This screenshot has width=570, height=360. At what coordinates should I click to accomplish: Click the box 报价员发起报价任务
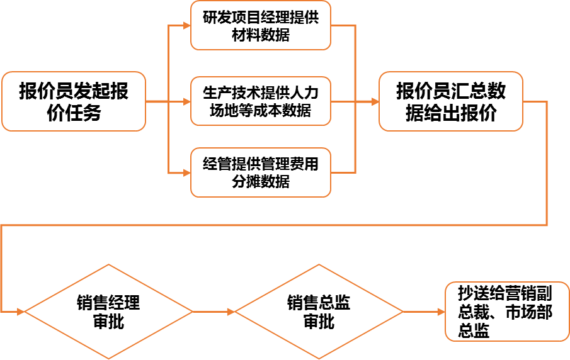point(73,101)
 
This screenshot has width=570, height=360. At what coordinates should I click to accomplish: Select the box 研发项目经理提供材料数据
point(261,26)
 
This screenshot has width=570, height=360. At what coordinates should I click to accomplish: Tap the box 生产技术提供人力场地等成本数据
point(261,101)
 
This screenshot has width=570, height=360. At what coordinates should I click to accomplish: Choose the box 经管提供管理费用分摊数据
point(261,172)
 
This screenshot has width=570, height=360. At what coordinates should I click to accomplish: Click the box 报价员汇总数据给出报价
point(450,101)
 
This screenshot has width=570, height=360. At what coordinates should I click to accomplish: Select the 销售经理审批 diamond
point(108,312)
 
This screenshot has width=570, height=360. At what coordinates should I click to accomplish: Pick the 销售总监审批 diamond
point(318,312)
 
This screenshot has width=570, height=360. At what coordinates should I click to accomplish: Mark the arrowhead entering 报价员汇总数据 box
point(374,101)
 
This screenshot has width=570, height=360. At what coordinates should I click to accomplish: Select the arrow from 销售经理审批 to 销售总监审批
point(214,312)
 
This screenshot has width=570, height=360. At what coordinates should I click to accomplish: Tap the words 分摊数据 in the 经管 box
point(261,181)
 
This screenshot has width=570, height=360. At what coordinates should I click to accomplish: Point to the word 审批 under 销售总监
point(318,322)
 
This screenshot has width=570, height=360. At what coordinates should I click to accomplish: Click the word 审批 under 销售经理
point(108,322)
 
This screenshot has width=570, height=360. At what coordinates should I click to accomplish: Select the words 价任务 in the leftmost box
point(73,113)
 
